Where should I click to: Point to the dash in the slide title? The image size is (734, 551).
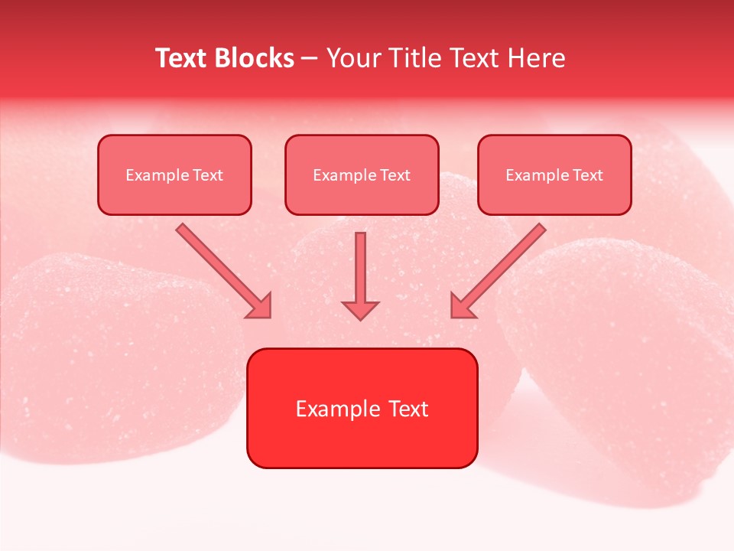[x=310, y=59]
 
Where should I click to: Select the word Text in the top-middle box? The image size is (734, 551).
[x=395, y=175]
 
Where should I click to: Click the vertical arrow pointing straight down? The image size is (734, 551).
[x=360, y=268]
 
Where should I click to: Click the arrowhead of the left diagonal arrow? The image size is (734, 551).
[x=260, y=306]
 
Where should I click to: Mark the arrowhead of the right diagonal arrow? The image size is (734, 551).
[x=462, y=306]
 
